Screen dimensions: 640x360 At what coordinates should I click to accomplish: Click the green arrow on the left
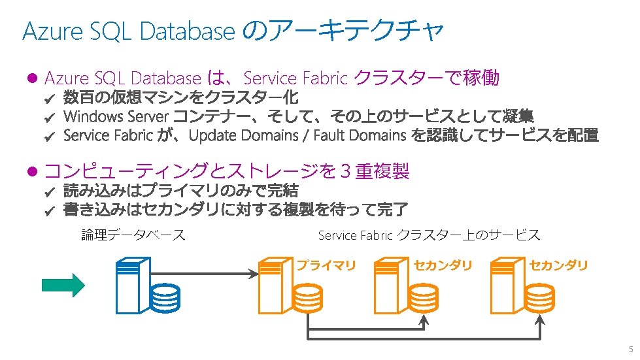pyautogui.click(x=63, y=285)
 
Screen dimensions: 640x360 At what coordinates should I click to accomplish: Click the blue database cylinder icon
pyautogui.click(x=165, y=298)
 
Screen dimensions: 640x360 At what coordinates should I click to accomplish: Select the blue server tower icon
pyautogui.click(x=133, y=286)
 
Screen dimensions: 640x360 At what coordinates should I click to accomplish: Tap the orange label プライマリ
pyautogui.click(x=326, y=265)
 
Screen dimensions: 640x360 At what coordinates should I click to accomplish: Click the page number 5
pyautogui.click(x=631, y=350)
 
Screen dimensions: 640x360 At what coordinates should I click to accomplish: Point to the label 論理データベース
pyautogui.click(x=133, y=235)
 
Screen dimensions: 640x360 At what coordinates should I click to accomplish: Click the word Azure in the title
pyautogui.click(x=53, y=31)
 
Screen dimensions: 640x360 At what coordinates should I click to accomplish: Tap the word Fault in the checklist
pyautogui.click(x=329, y=135)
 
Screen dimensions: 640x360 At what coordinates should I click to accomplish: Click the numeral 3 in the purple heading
pyautogui.click(x=345, y=171)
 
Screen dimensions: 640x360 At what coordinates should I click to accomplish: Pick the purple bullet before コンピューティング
pyautogui.click(x=32, y=171)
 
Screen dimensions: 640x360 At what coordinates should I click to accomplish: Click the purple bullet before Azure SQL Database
pyautogui.click(x=32, y=78)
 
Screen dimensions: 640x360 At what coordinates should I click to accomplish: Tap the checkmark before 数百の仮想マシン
pyautogui.click(x=50, y=98)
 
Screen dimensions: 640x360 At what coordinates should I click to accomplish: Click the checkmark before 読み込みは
pyautogui.click(x=50, y=191)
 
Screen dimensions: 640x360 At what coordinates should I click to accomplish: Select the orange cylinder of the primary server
pyautogui.click(x=307, y=298)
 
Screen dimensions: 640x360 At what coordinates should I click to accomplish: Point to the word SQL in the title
pyautogui.click(x=110, y=31)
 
